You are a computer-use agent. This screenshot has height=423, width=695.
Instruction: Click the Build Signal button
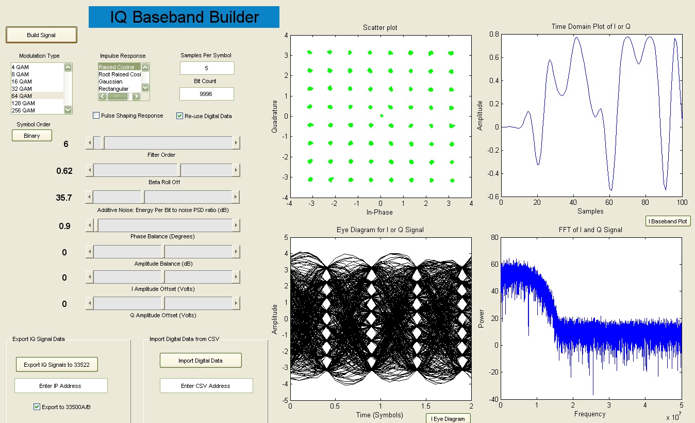click(x=41, y=35)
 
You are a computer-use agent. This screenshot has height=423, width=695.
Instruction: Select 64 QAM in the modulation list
click(x=22, y=96)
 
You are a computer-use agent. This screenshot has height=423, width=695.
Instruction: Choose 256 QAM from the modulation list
click(x=23, y=110)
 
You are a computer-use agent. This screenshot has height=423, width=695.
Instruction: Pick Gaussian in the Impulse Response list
click(x=111, y=82)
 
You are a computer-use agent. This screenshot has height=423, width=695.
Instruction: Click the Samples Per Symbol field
click(x=207, y=68)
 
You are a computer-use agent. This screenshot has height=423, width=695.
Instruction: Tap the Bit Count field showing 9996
click(x=207, y=94)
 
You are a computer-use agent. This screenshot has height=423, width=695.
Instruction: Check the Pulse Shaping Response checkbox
click(x=96, y=116)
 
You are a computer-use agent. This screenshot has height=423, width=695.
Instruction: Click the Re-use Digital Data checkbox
click(x=180, y=116)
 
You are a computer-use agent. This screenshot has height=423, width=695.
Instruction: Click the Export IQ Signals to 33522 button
click(x=57, y=365)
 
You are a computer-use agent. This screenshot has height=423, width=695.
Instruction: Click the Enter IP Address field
click(x=61, y=386)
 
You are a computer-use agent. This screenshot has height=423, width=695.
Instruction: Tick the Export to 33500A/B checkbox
click(x=37, y=407)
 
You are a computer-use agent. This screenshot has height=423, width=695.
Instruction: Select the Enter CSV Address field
click(x=206, y=386)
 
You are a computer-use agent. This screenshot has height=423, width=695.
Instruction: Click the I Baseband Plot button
click(x=668, y=221)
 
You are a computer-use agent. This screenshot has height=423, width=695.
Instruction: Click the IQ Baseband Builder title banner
click(x=184, y=18)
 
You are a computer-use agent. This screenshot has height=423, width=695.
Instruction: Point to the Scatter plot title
click(x=380, y=27)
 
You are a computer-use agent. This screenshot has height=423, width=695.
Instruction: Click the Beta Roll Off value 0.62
click(x=64, y=171)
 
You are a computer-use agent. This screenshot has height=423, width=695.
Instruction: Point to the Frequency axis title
click(x=590, y=414)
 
